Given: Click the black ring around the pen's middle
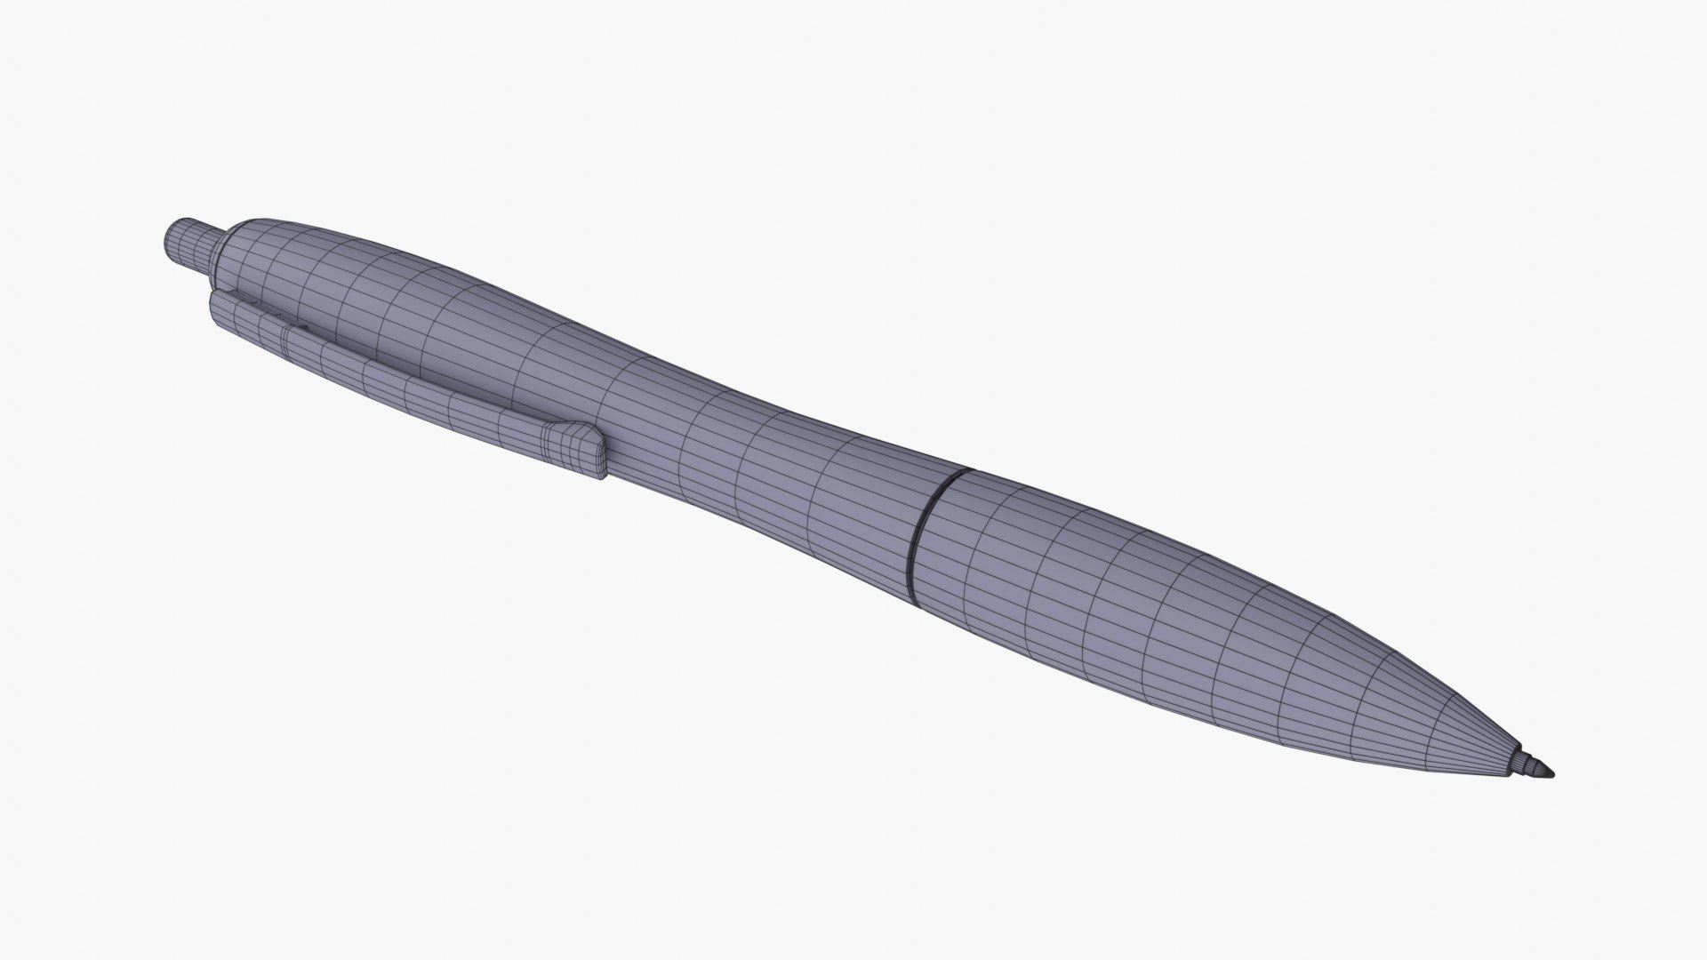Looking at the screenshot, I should click(929, 533).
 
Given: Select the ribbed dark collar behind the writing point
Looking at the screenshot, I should click(1534, 764).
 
